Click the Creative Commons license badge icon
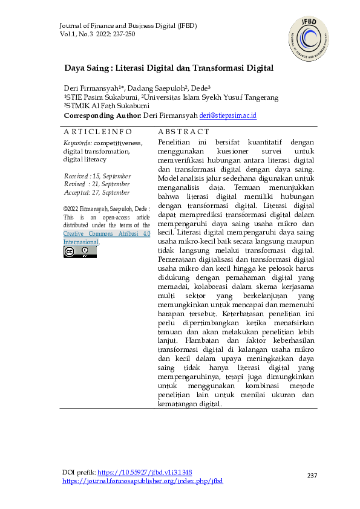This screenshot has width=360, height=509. [80, 251]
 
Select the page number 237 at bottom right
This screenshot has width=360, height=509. [312, 476]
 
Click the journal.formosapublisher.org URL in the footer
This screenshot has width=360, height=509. [143, 481]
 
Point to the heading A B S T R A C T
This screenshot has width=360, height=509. [183, 132]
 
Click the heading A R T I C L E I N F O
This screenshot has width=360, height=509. [97, 132]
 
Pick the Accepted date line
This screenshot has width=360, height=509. [97, 192]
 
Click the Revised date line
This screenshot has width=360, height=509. [97, 184]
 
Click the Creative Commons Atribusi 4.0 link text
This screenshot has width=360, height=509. [106, 233]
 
